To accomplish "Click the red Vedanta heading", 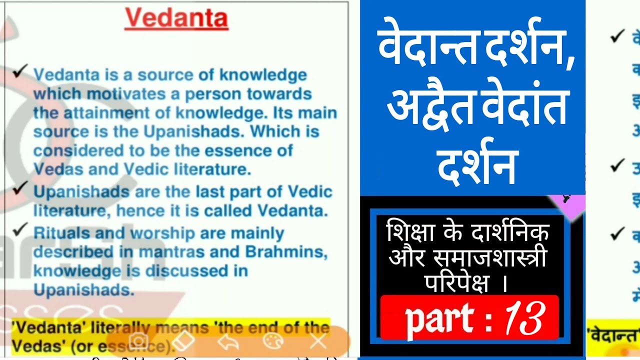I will [x=176, y=19].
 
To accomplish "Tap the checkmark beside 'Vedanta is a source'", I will [x=20, y=72].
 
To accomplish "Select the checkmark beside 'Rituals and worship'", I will [x=20, y=229].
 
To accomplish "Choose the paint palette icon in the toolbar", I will [x=273, y=341].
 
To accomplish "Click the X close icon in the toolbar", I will [x=318, y=341].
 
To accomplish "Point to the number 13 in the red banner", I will [x=523, y=318].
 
